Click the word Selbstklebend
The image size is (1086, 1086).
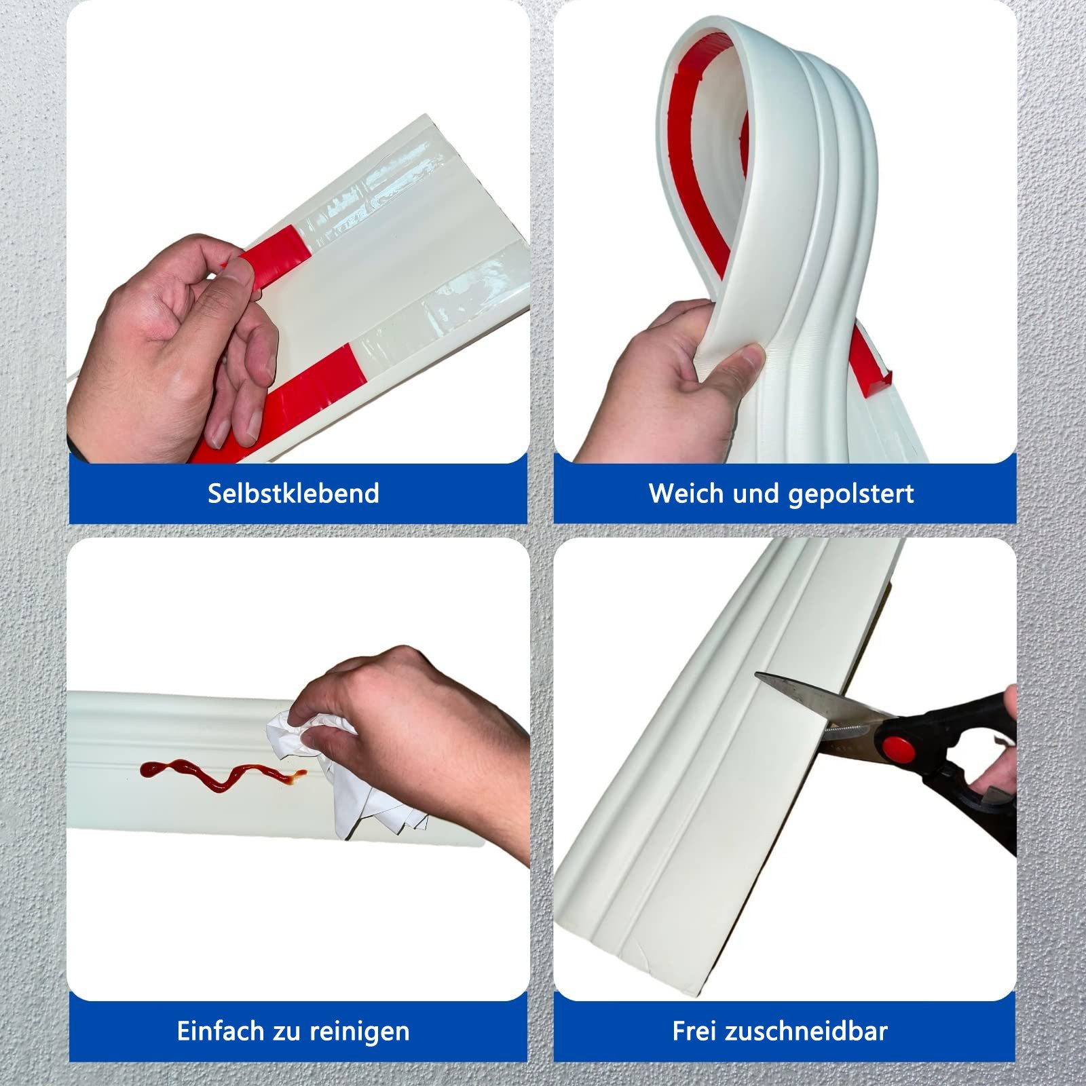[x=293, y=493]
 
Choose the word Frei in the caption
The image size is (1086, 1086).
[x=694, y=1031]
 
